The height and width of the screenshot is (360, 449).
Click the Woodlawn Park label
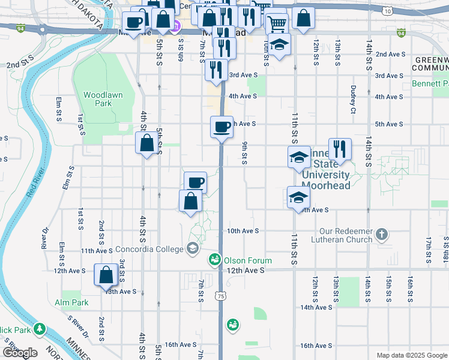98,99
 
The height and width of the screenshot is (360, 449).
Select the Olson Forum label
247,260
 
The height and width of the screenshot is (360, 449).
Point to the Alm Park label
71,302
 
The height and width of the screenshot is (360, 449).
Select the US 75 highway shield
221,296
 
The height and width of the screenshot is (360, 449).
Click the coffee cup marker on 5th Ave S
221,127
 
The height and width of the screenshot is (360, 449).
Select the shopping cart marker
276,23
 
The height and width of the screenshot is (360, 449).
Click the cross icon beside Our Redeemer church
381,233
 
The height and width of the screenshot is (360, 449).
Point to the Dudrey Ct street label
353,99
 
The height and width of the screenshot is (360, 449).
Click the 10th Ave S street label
243,231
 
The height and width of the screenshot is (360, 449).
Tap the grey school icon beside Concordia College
193,248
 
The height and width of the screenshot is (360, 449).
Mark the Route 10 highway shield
388,11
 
